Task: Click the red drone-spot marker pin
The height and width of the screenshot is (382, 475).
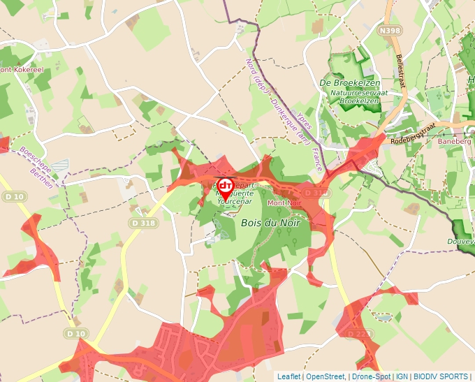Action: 226,187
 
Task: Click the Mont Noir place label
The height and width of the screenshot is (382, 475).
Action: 284,202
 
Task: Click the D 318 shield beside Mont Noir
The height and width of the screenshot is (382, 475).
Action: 315,193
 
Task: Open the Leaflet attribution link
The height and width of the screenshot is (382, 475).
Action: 289,376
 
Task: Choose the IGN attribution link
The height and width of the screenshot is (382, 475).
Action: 402,376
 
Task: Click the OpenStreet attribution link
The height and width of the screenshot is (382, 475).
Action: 326,376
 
